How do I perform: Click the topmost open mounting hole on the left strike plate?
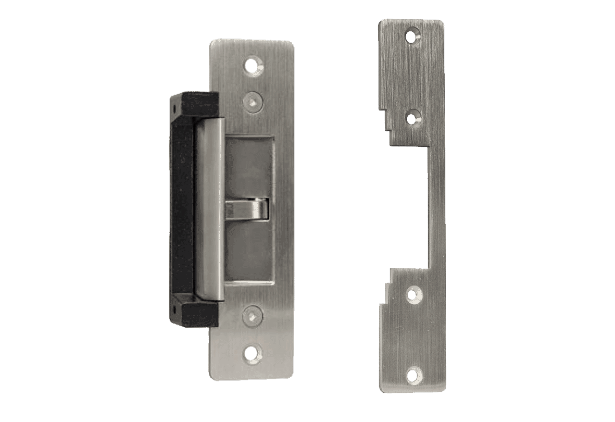coord(253,66)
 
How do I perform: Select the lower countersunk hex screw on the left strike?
coord(252,316)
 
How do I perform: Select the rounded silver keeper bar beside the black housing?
coord(210,208)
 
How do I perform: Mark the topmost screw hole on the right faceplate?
coord(413,36)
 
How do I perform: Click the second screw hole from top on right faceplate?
coord(413,118)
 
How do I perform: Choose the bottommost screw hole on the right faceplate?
coord(413,373)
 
